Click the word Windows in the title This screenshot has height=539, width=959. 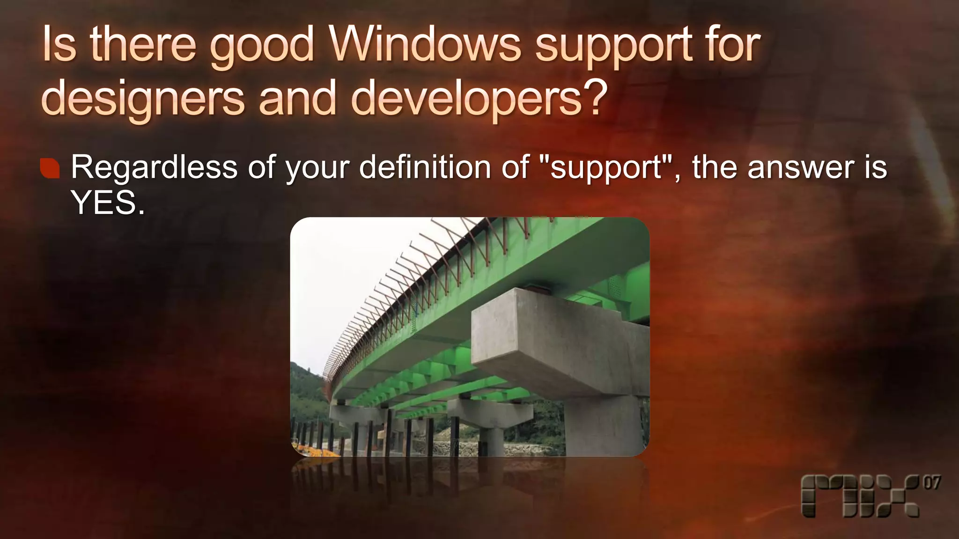pyautogui.click(x=425, y=45)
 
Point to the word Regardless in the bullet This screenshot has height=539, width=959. pyautogui.click(x=154, y=168)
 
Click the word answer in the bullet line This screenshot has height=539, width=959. pyautogui.click(x=801, y=168)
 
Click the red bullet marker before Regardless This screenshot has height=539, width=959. pyautogui.click(x=50, y=168)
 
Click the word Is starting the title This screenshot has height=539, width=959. pyautogui.click(x=59, y=45)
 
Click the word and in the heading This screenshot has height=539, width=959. pyautogui.click(x=297, y=98)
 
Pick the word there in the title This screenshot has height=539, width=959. pyautogui.click(x=143, y=45)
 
